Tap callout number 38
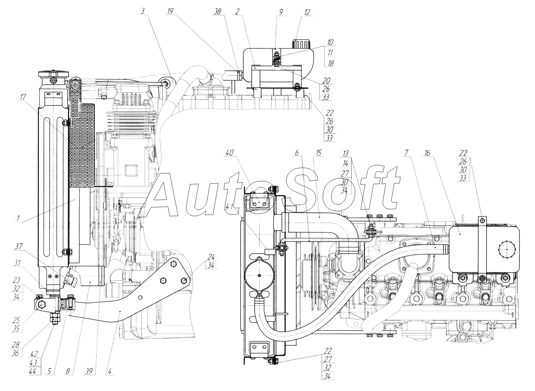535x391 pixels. pyautogui.click(x=217, y=12)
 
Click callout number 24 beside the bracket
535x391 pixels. pyautogui.click(x=211, y=257)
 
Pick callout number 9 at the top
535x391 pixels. pyautogui.click(x=281, y=12)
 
